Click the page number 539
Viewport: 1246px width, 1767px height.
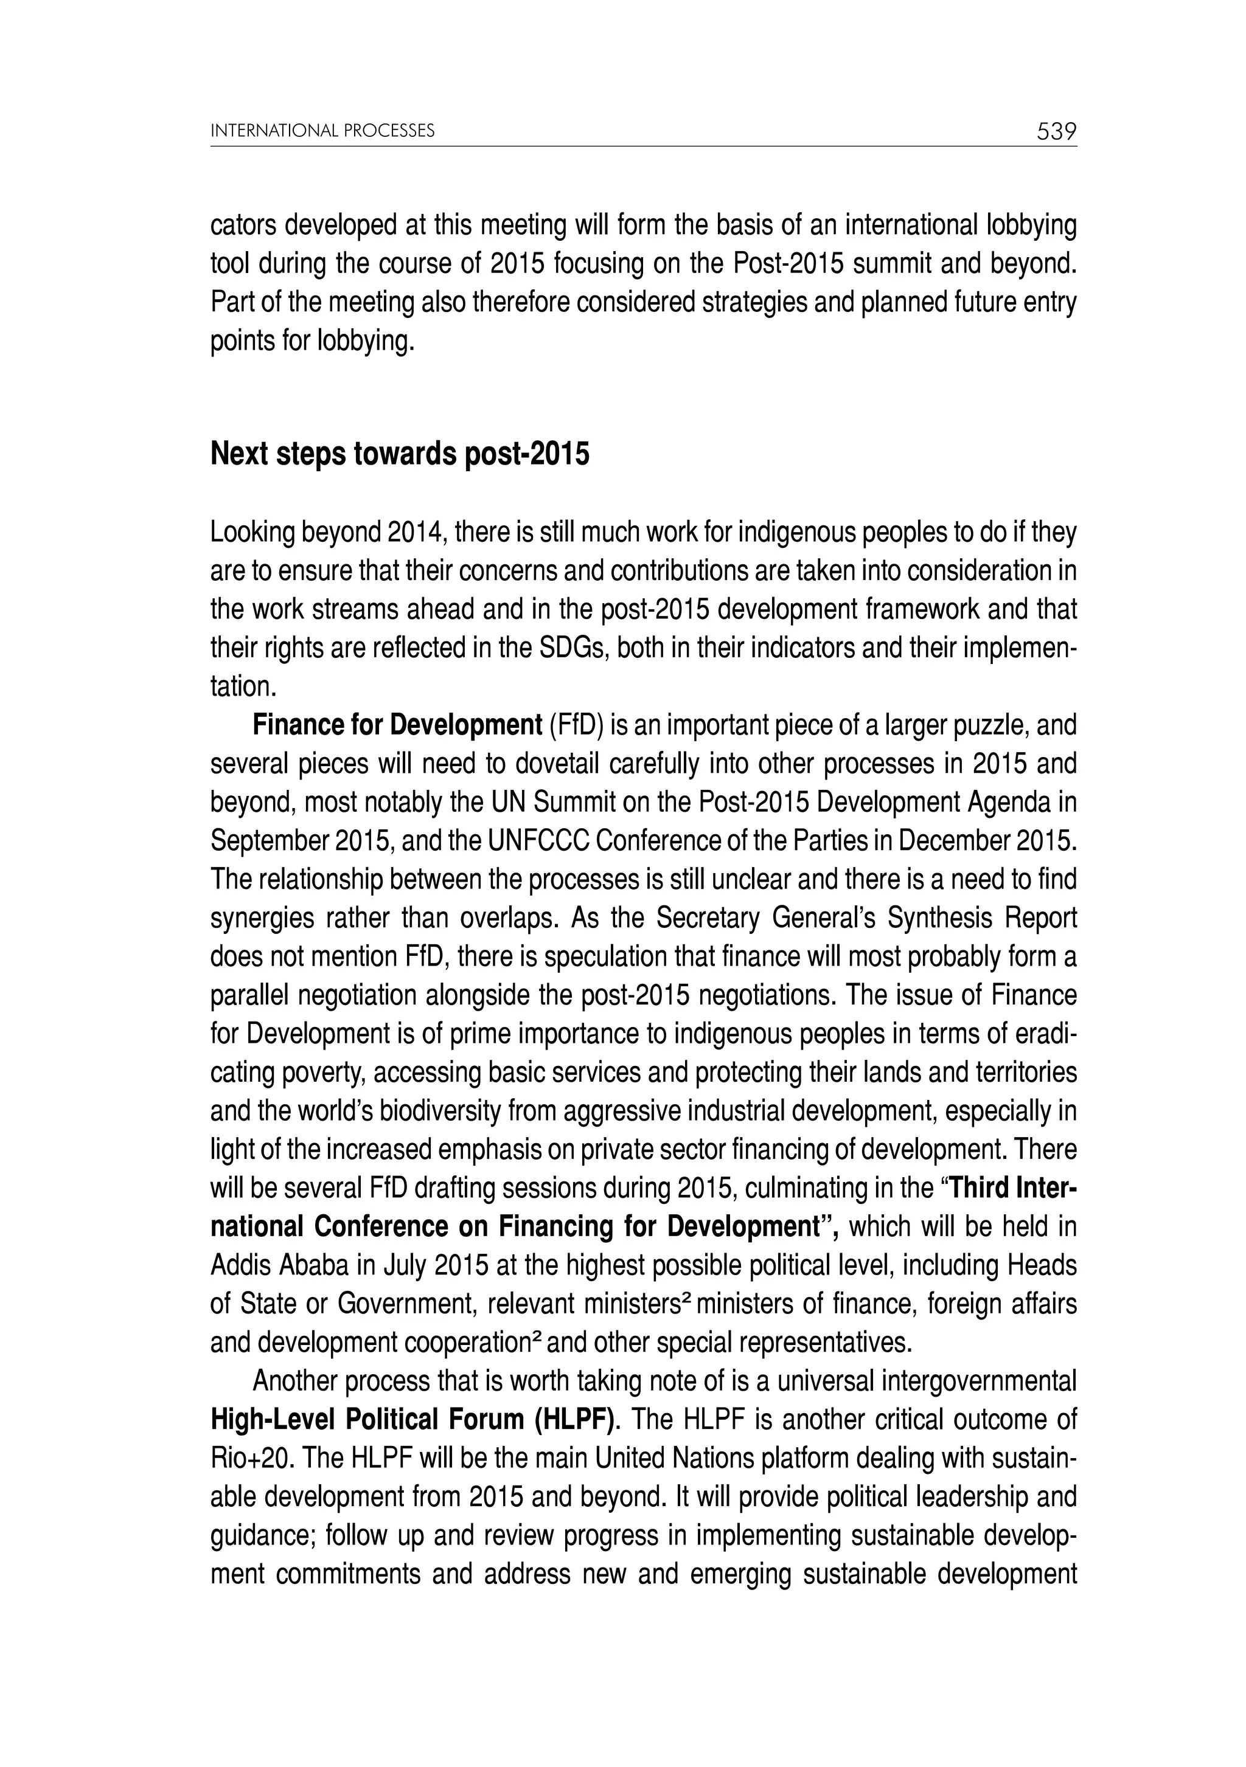(x=1056, y=131)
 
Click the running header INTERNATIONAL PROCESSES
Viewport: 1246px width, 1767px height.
(x=322, y=131)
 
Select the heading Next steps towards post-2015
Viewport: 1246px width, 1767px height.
(x=400, y=455)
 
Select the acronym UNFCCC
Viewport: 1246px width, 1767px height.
(x=538, y=841)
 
